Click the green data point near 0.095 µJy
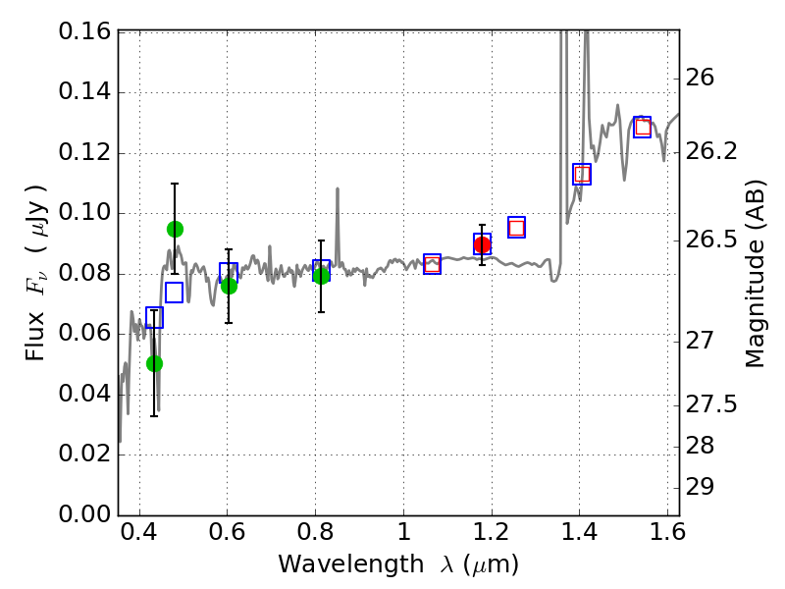(175, 229)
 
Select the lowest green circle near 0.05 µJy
(154, 363)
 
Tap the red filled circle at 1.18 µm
(482, 244)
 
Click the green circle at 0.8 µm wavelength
(321, 276)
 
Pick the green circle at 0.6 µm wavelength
(229, 286)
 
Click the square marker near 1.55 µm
(642, 127)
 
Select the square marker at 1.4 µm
(582, 174)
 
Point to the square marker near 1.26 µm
(516, 227)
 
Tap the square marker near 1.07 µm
(432, 263)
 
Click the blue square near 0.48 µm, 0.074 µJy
(174, 293)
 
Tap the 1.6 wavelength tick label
(666, 535)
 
